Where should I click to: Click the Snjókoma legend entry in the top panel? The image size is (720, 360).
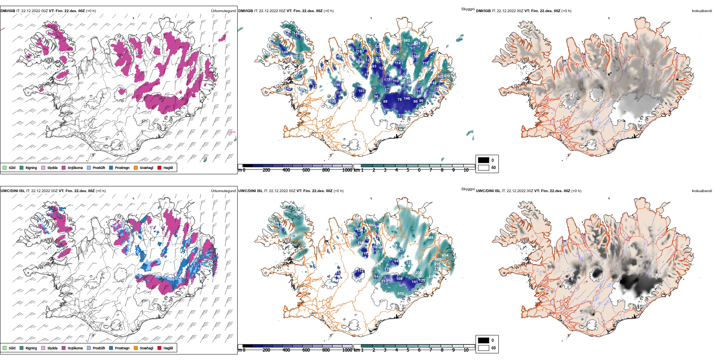[75, 168]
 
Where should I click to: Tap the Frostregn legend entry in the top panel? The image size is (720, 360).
[122, 168]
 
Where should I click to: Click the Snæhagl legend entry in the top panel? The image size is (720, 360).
[146, 168]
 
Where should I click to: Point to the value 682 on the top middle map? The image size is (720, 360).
[407, 41]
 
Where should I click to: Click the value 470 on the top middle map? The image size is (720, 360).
[447, 76]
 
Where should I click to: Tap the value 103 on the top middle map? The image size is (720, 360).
[361, 91]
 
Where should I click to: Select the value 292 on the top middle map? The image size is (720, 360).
[294, 56]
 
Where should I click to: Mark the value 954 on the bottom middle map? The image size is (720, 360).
[445, 255]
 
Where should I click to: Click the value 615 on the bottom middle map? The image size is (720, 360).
[401, 294]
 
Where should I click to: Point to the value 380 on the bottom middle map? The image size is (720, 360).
[296, 214]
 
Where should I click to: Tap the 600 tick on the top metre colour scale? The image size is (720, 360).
[306, 170]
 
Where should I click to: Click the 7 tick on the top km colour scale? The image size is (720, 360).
[430, 170]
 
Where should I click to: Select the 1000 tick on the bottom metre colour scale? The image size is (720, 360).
[347, 350]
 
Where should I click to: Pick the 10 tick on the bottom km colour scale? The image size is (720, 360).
[466, 350]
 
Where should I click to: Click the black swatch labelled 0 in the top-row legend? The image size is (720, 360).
[484, 160]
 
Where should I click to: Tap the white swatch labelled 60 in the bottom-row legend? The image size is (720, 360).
[484, 348]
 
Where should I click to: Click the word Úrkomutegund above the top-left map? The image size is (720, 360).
[223, 11]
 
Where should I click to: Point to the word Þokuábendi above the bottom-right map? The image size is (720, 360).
[702, 191]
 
